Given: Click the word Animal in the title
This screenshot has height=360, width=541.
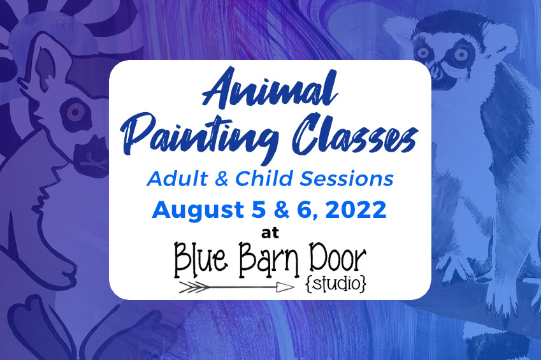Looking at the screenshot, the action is click(270, 88).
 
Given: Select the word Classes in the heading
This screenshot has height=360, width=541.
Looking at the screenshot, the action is click(356, 134).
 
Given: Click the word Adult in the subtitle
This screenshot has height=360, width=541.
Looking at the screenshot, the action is click(177, 179).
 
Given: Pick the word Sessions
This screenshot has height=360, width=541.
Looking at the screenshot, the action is click(346, 179).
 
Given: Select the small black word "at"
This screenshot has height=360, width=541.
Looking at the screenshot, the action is click(270, 233).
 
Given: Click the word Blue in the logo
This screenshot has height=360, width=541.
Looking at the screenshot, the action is click(201, 258).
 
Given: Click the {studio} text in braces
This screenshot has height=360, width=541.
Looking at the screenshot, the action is click(336, 284).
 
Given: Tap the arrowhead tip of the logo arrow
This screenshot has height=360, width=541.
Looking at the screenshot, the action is click(293, 287).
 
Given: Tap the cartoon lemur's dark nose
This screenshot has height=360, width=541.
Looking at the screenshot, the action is click(90, 152).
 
